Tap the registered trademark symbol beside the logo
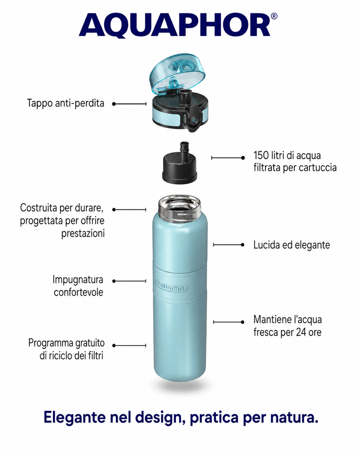pyautogui.click(x=274, y=16)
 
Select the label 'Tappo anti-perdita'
pyautogui.click(x=66, y=103)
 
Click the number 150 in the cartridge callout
pyautogui.click(x=261, y=155)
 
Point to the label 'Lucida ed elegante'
pyautogui.click(x=292, y=245)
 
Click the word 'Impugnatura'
pyautogui.click(x=78, y=280)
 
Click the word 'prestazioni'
pyautogui.click(x=83, y=234)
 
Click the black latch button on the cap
pyautogui.click(x=194, y=118)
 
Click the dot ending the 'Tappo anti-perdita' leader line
pyautogui.click(x=114, y=104)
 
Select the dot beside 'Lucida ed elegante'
pyautogui.click(x=243, y=245)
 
